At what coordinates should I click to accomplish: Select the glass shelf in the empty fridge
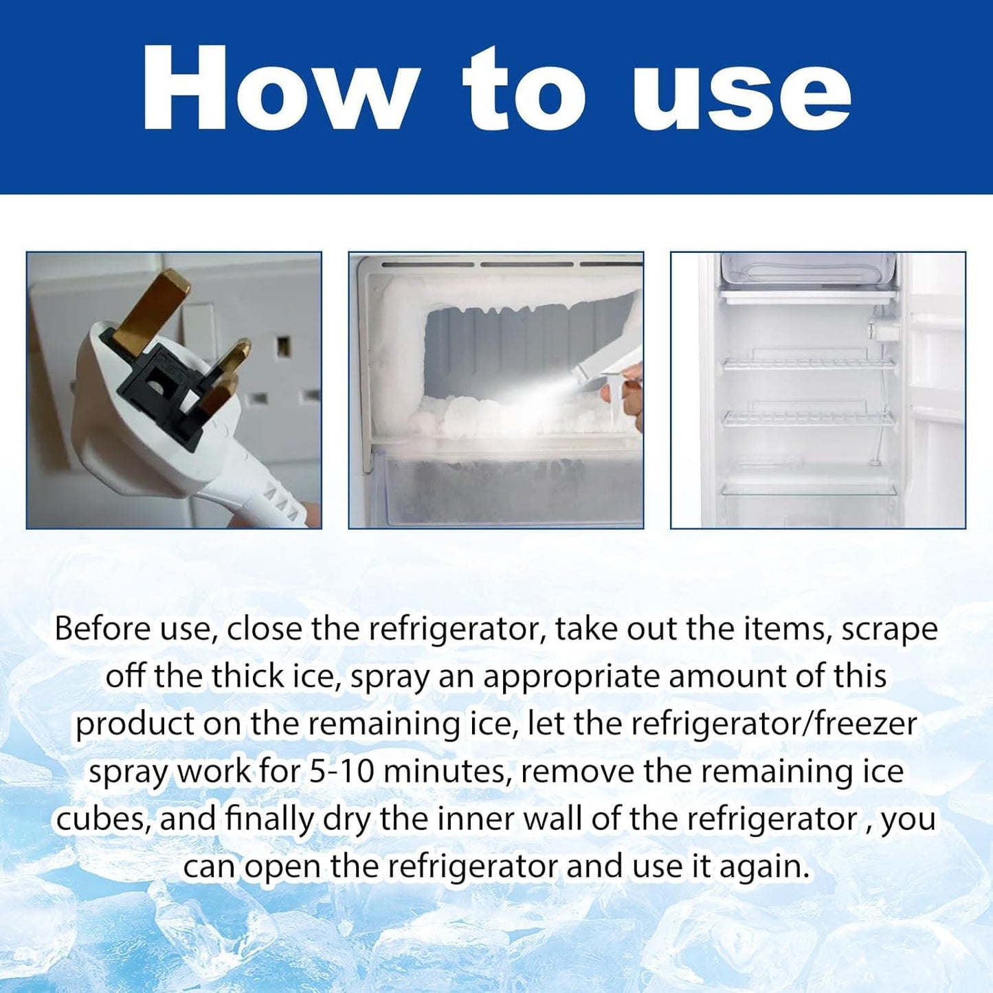[809, 489]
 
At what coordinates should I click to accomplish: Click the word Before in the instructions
[102, 629]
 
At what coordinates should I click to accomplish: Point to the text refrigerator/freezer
[773, 724]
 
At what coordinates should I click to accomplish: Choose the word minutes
[447, 772]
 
